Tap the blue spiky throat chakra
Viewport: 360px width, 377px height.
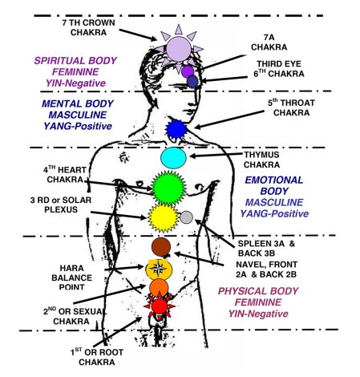(x=176, y=128)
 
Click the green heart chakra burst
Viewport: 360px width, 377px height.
(x=164, y=188)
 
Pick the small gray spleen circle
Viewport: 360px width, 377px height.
(x=186, y=217)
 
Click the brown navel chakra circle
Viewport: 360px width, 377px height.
(x=160, y=245)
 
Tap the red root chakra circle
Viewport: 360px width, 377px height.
(x=160, y=306)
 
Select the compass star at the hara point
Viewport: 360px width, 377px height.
(x=159, y=268)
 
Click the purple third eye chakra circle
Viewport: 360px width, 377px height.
(x=188, y=71)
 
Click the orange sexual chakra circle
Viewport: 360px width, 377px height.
(x=159, y=287)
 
